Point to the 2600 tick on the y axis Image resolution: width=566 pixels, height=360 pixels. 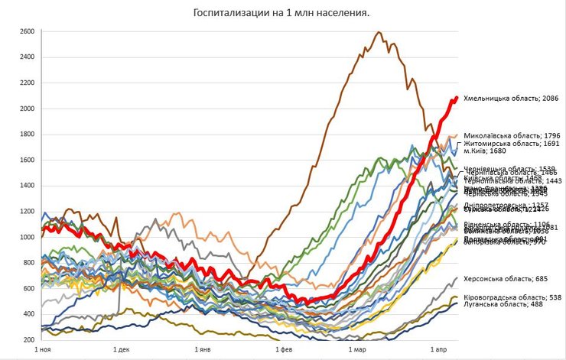click(x=27, y=31)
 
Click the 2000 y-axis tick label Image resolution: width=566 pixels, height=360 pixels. click(x=27, y=109)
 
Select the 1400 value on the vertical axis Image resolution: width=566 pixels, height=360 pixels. click(x=27, y=186)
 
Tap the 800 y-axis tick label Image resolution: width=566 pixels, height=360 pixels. click(x=28, y=263)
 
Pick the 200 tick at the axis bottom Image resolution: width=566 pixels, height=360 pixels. click(x=28, y=340)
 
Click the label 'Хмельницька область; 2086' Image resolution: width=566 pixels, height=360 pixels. click(x=508, y=99)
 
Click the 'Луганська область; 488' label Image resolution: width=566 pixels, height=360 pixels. click(x=501, y=304)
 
